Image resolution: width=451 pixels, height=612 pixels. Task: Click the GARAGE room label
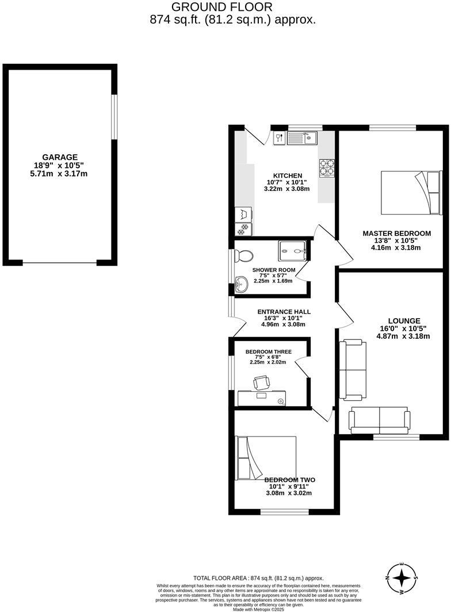click(x=59, y=157)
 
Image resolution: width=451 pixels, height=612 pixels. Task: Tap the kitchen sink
click(x=302, y=137)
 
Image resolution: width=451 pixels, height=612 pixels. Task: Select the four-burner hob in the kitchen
click(x=328, y=166)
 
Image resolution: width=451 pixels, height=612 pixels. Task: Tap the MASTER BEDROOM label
click(x=396, y=233)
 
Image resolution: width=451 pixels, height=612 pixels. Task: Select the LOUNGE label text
click(x=404, y=321)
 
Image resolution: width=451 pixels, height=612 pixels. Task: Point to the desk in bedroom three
click(x=262, y=397)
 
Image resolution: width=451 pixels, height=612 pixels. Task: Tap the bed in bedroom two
click(x=265, y=457)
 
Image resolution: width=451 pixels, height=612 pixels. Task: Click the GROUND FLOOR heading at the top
click(x=222, y=7)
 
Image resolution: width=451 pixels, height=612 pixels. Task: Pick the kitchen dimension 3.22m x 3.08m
click(x=286, y=189)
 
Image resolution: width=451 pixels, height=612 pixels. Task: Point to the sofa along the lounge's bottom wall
click(x=380, y=421)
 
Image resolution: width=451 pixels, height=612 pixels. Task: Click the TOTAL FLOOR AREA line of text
click(x=258, y=578)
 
